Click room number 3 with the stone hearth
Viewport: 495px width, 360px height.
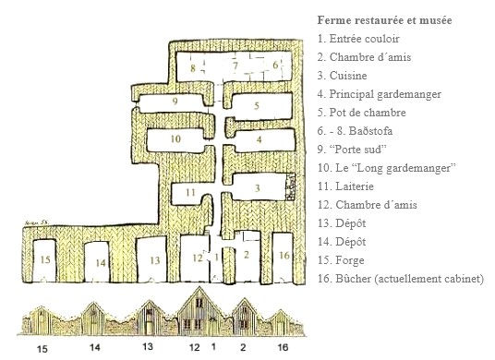[259, 186]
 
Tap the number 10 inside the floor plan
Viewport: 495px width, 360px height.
[175, 138]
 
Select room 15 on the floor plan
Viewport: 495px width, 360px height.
[44, 260]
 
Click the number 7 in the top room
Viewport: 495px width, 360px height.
[235, 66]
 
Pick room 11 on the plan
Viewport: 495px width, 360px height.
[187, 194]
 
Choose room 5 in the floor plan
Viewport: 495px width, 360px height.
[262, 105]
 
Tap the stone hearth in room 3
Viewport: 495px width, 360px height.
[290, 186]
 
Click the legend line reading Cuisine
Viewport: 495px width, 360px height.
[343, 76]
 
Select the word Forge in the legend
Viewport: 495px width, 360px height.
[350, 260]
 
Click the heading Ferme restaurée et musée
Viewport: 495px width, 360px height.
[384, 20]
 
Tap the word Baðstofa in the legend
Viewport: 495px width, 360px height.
[371, 131]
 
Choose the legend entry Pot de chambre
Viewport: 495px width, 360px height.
[362, 113]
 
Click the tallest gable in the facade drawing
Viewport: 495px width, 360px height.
[199, 311]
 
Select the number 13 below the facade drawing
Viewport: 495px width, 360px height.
[148, 346]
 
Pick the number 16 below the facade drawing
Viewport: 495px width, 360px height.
[283, 347]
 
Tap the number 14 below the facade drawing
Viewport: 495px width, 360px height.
[95, 347]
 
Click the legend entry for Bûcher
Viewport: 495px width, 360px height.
[401, 279]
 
